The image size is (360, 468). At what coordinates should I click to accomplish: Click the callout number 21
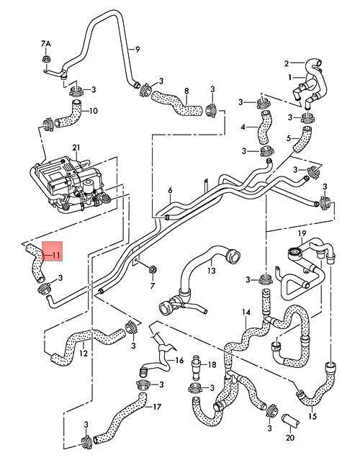76,148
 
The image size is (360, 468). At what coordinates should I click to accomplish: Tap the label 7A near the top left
45,44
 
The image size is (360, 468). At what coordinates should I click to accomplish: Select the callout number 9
138,49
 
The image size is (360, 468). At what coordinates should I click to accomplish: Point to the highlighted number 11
56,255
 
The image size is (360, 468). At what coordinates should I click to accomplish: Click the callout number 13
212,271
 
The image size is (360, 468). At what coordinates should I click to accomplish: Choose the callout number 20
290,438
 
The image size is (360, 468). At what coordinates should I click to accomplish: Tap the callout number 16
179,361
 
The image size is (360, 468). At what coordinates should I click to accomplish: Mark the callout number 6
170,190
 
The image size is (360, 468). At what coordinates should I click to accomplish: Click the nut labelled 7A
46,59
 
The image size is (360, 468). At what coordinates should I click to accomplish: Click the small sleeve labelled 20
290,420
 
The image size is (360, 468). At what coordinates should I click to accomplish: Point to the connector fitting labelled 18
196,366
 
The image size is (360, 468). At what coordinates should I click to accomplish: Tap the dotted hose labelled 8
176,105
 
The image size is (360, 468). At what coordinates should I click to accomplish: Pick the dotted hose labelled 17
120,418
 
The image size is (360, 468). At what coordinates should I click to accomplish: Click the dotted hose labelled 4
265,127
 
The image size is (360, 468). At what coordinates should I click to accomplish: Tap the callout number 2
287,63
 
